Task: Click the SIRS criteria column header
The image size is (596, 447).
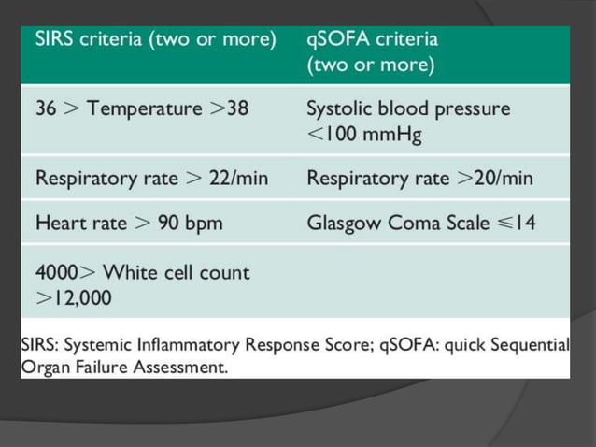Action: tap(155, 40)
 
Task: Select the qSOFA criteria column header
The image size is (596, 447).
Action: tap(372, 52)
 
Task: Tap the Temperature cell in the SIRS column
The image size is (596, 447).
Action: tap(142, 108)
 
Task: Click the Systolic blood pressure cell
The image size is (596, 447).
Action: tap(408, 121)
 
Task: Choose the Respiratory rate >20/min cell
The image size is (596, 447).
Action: tap(419, 177)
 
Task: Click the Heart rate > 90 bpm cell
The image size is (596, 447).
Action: tap(129, 223)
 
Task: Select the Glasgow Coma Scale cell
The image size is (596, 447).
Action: tap(420, 223)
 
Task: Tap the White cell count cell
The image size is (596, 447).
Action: tap(142, 284)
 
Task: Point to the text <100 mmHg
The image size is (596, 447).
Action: tap(364, 134)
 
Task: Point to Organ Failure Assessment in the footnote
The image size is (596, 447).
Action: tap(123, 367)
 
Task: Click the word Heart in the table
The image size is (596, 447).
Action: tap(59, 223)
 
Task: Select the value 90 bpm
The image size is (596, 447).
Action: tap(192, 223)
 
